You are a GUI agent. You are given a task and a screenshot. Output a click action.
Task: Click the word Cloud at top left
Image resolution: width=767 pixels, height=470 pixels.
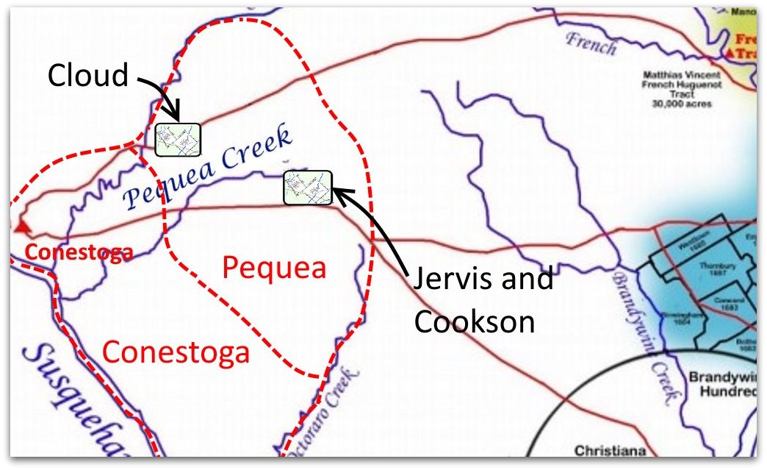(x=87, y=74)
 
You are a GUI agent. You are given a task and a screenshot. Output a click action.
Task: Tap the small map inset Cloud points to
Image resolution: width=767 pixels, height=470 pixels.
(x=178, y=139)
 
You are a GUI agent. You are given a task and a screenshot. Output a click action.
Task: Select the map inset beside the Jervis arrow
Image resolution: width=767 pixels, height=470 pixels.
(x=308, y=187)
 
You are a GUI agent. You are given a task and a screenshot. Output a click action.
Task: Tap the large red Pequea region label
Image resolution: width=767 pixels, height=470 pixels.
(x=274, y=268)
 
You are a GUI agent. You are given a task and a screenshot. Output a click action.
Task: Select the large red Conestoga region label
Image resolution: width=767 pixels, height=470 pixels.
(x=176, y=352)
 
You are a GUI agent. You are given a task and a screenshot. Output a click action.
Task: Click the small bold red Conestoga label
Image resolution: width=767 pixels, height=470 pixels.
(x=80, y=253)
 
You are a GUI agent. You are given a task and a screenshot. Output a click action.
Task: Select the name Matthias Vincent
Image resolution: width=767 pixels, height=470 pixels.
(x=683, y=75)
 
